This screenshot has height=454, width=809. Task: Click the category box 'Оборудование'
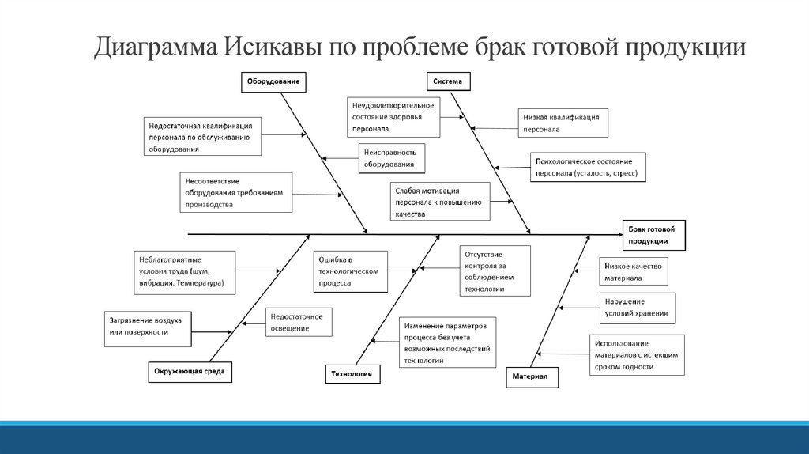[x=273, y=81]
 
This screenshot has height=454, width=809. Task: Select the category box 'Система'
[x=450, y=81]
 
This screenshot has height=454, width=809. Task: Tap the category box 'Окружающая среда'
[x=190, y=372]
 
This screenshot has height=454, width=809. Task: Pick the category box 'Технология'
[x=352, y=373]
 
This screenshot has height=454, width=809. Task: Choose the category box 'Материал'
[x=532, y=377]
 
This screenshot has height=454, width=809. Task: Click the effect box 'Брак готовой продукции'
[x=653, y=235]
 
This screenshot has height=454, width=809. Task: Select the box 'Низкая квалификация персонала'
[x=563, y=122]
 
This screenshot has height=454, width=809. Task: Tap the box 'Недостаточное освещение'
[x=298, y=323]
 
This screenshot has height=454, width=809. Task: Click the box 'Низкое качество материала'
[x=634, y=271]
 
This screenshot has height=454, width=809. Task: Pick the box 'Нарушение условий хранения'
[x=637, y=307]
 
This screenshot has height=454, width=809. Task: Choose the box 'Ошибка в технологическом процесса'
[x=350, y=271]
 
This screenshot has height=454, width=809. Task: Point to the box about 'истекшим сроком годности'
[x=637, y=354]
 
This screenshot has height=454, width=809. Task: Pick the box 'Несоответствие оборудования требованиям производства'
[x=235, y=192]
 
